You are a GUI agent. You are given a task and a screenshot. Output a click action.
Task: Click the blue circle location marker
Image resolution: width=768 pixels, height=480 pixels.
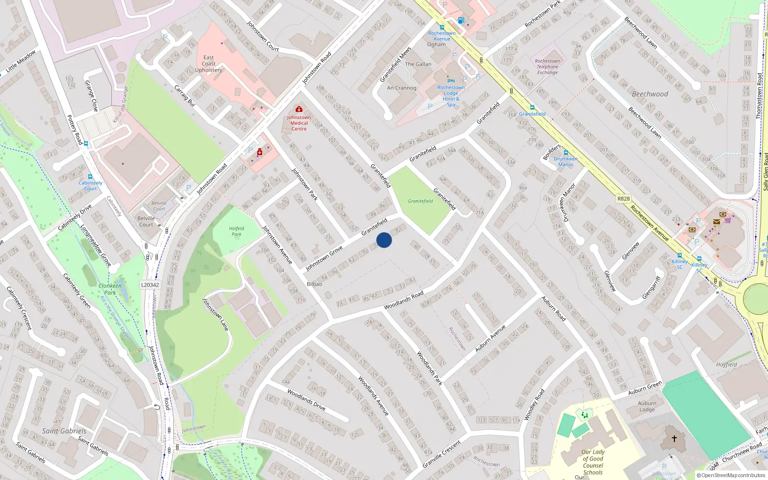point(384,240)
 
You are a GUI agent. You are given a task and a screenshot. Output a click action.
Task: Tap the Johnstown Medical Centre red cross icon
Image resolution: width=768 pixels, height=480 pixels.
point(299,109)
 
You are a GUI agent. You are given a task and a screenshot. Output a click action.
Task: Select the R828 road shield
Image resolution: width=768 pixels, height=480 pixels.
point(624,199)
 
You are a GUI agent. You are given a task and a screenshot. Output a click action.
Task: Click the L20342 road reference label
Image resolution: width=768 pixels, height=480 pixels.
point(150,285)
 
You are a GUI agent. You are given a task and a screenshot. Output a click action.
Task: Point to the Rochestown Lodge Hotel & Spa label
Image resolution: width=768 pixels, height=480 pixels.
point(451,96)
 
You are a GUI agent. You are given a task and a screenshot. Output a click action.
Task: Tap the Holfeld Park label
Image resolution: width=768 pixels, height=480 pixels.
point(236,231)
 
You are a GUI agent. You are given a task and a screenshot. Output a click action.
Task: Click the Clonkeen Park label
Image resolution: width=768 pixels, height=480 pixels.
point(110,289)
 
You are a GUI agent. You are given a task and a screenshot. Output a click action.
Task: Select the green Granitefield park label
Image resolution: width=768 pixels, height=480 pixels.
point(420,201)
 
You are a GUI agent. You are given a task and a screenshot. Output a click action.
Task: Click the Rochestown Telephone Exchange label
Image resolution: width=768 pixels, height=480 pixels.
point(548,67)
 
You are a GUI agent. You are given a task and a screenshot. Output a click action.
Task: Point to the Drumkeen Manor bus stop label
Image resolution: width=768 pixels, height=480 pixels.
point(565,162)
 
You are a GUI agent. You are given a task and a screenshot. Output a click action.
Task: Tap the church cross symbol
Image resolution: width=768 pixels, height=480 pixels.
point(674,439)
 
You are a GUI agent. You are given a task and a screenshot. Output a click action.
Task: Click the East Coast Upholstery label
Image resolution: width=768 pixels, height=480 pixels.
point(208,64)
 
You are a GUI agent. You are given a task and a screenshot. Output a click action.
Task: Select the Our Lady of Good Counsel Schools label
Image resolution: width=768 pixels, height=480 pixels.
point(593,462)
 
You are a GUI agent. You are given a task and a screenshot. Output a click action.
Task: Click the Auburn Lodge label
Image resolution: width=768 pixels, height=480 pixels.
point(647,406)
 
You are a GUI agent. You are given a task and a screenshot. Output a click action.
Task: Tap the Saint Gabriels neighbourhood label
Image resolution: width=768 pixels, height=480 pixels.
point(64,431)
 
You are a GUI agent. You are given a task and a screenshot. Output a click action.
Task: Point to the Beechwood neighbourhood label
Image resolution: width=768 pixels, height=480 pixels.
point(649,94)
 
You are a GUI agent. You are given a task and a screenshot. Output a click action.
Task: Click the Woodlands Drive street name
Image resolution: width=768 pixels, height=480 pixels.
point(306,399)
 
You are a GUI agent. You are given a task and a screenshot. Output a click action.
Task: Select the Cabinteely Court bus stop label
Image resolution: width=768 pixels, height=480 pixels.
point(90,186)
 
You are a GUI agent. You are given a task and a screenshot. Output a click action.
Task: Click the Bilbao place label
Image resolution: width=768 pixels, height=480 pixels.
point(314,284)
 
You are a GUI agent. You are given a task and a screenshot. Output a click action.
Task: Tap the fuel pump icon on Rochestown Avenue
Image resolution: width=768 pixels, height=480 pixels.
point(461,20)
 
